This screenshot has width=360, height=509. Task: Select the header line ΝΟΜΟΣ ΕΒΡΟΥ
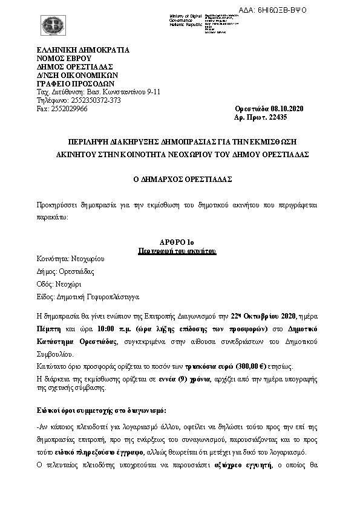(x=61, y=58)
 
